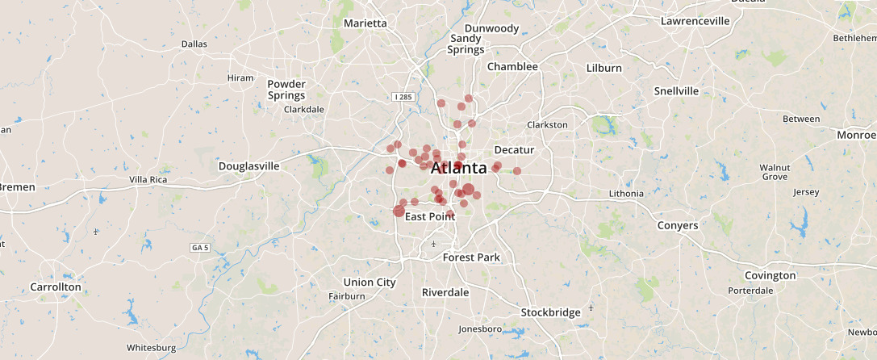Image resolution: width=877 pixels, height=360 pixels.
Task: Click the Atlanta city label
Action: point(459,169)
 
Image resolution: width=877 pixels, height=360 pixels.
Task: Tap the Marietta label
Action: point(365,23)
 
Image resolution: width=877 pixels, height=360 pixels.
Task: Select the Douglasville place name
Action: point(248,166)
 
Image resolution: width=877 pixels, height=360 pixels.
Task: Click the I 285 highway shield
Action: point(403,97)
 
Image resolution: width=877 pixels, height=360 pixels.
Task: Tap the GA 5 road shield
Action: point(199,247)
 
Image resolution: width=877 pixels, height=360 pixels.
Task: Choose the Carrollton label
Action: point(56,287)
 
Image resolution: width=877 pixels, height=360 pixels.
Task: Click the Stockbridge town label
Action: point(550,312)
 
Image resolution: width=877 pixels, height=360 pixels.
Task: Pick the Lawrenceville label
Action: point(695,21)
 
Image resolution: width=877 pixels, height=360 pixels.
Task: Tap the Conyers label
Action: point(677,225)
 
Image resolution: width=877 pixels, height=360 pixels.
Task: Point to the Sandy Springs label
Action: point(466,44)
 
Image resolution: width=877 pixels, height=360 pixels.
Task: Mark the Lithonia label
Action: point(626,194)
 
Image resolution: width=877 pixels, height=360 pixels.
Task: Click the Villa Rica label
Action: point(148,179)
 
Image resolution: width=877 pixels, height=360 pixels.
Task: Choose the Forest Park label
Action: point(471,257)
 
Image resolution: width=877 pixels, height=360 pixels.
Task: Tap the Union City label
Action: point(370,283)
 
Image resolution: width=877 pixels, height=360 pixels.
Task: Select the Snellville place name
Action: point(676,90)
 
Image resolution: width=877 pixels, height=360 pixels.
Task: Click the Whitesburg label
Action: point(151,348)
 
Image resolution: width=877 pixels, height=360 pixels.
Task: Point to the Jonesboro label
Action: point(480,329)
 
